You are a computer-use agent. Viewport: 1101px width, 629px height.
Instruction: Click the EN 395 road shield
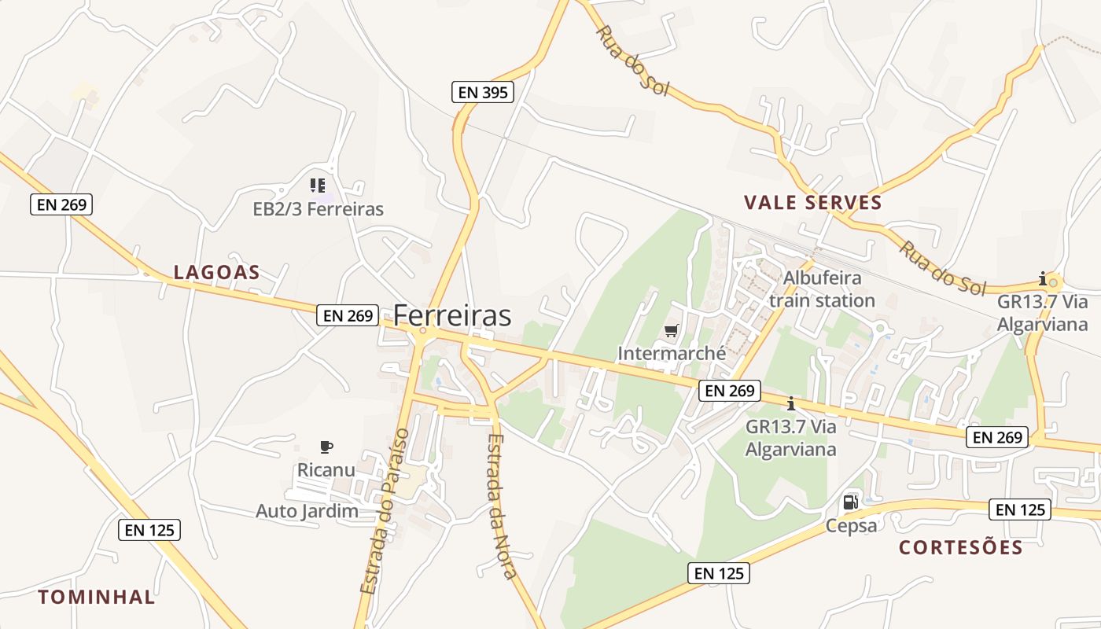pos(483,92)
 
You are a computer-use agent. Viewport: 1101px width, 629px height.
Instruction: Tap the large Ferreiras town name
pos(452,315)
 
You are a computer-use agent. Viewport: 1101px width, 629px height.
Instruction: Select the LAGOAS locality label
pos(216,273)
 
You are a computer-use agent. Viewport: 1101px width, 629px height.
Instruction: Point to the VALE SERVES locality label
pos(813,203)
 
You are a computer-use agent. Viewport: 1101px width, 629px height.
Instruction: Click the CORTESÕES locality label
pos(961,548)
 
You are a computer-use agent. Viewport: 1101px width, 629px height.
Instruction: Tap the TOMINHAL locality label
pos(97,597)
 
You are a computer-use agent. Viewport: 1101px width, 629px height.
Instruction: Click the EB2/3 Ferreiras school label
pos(318,209)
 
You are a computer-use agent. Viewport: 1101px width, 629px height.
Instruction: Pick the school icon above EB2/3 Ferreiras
pos(317,186)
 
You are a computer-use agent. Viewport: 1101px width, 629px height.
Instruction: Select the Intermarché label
pos(672,354)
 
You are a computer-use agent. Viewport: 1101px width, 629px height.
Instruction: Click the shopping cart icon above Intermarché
pos(671,331)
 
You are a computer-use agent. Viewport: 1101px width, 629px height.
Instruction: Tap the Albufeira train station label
pos(822,289)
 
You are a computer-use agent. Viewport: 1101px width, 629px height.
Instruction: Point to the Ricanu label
pos(326,470)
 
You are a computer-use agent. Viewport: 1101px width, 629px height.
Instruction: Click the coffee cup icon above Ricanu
pos(326,447)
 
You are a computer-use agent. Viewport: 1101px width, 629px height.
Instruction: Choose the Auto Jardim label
pos(307,511)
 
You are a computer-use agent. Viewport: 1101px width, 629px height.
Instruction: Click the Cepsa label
pos(851,525)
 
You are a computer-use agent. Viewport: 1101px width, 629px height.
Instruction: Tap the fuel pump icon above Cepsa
pos(850,502)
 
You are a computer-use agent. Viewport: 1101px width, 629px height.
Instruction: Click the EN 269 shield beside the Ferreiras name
pos(348,315)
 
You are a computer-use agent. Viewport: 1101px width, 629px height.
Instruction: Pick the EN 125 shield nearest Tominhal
pos(149,530)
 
